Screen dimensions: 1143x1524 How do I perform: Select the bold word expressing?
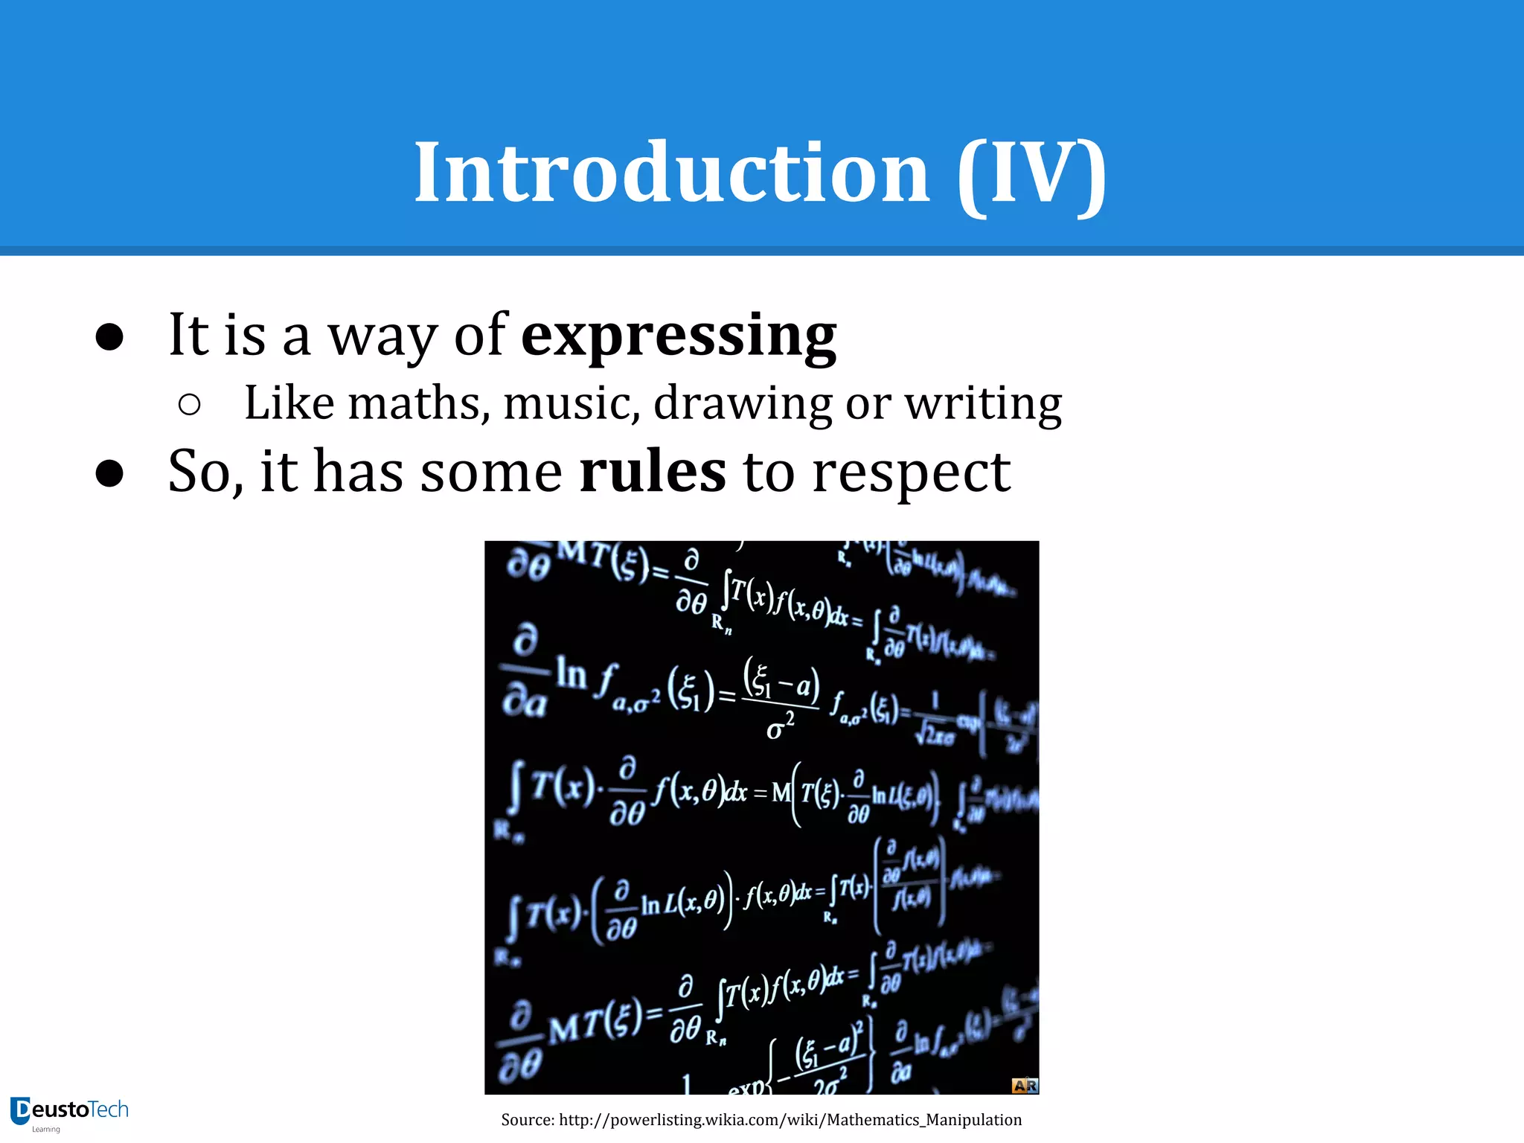679,336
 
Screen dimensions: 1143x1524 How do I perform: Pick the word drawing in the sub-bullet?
742,405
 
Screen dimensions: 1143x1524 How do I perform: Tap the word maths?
419,403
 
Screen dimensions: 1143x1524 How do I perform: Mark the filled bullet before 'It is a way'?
109,337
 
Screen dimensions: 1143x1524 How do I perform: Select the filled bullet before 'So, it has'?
109,473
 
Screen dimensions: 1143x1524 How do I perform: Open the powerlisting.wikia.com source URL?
790,1120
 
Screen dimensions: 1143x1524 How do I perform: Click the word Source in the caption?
527,1120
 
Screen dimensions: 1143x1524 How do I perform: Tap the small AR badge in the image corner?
1024,1086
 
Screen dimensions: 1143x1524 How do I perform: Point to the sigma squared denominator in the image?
780,727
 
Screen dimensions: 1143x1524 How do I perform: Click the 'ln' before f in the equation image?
571,674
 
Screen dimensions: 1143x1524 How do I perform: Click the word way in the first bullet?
382,336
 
